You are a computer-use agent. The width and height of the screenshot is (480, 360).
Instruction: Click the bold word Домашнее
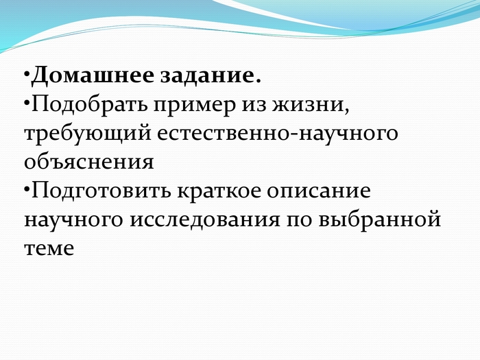[93, 75]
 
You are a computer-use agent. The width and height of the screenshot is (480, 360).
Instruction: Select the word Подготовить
[101, 191]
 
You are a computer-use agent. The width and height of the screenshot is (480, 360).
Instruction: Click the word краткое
[218, 191]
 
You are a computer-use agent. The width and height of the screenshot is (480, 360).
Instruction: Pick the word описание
[319, 191]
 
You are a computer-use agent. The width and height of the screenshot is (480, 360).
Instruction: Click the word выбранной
[380, 219]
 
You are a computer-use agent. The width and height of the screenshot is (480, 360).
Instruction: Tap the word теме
[49, 248]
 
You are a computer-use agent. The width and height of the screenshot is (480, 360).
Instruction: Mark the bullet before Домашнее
[27, 74]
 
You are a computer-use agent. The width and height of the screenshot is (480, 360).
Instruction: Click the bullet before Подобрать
[27, 103]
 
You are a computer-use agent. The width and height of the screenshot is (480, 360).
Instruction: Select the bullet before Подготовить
[27, 190]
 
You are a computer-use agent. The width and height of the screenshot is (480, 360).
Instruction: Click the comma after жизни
[346, 110]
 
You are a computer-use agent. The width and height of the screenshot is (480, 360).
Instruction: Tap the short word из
[254, 106]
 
